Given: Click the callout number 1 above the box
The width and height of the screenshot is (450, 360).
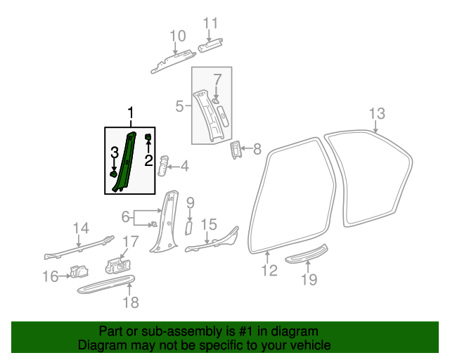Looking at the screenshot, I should [129, 113].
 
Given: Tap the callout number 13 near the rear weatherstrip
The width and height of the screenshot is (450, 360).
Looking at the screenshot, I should [377, 113].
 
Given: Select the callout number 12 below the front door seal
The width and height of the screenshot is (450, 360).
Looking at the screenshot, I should [270, 270].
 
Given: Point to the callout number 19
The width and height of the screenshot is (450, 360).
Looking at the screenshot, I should [309, 279].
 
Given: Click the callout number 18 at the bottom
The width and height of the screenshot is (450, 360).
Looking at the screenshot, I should [131, 302].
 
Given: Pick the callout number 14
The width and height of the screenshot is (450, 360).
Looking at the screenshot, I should [82, 227].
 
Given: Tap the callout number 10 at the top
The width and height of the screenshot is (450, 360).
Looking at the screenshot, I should [177, 35].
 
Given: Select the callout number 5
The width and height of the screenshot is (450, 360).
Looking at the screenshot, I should [180, 106].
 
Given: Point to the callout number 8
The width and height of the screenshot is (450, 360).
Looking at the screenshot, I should [257, 148].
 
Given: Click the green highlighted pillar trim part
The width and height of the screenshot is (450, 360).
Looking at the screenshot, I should [125, 162].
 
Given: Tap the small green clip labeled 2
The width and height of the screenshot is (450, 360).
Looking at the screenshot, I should [148, 136].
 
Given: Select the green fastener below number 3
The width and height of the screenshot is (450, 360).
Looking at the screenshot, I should [112, 174].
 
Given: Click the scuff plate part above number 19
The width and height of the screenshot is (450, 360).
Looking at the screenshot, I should [307, 253].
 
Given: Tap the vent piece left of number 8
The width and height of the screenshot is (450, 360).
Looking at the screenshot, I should [236, 149].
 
